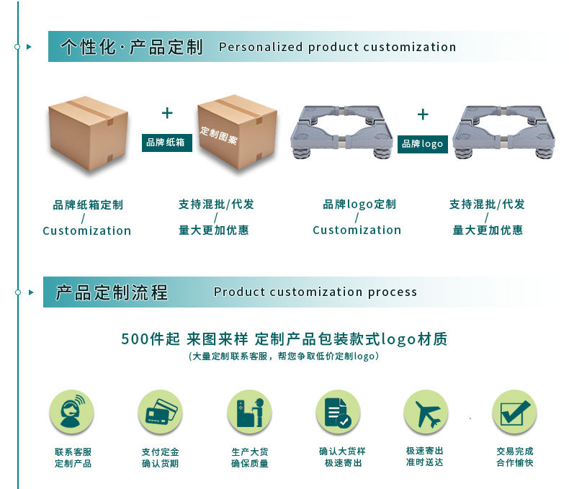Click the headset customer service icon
71,412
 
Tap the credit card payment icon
160,412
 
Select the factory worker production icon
249,412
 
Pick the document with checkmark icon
338,412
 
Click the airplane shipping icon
425,412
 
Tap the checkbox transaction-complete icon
514,412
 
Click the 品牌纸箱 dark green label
166,143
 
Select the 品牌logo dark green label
423,144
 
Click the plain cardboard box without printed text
89,133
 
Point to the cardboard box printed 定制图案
237,133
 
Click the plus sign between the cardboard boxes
167,113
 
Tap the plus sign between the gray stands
423,115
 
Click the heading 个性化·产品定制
132,48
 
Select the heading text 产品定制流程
112,292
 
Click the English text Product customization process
315,292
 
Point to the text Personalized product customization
337,48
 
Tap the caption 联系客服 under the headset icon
73,452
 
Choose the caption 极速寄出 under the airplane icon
425,451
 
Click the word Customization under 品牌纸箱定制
86,231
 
